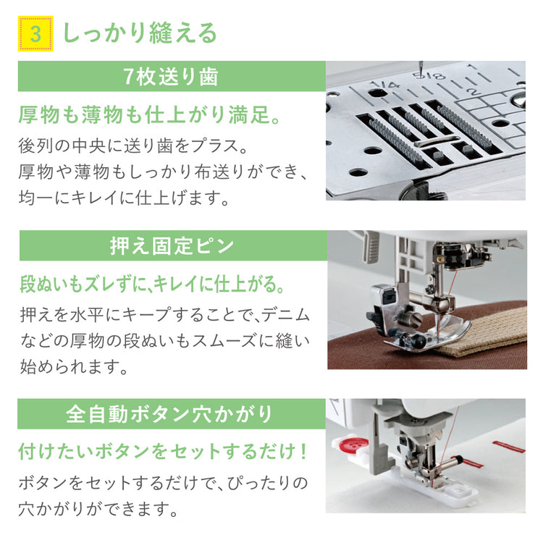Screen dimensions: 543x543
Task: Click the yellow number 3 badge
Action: pyautogui.click(x=35, y=33)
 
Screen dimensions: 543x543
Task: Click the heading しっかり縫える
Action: pyautogui.click(x=140, y=33)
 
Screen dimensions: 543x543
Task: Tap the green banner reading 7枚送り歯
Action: pyautogui.click(x=172, y=76)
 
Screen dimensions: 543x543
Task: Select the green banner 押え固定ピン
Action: pyautogui.click(x=173, y=245)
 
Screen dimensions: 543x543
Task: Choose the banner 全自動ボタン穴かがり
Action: pyautogui.click(x=172, y=414)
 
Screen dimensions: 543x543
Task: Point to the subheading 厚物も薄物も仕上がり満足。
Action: pyautogui.click(x=149, y=114)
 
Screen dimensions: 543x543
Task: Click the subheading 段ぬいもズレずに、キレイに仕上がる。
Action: pyautogui.click(x=152, y=284)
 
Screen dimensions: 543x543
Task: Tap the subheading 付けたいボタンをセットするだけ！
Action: pyautogui.click(x=163, y=452)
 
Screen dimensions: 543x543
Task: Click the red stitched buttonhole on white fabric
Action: pyautogui.click(x=508, y=447)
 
